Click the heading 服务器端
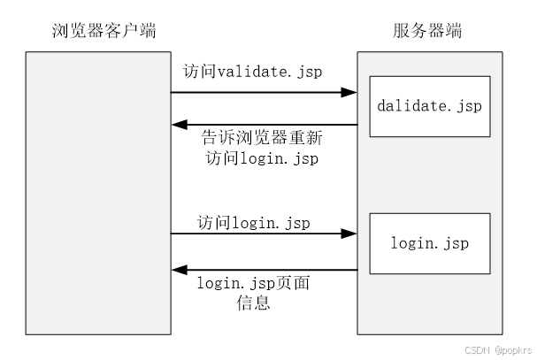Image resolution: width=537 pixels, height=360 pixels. coord(427,33)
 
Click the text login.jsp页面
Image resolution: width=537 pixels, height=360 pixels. coord(253,284)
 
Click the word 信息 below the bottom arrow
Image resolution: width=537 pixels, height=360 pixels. coord(253,303)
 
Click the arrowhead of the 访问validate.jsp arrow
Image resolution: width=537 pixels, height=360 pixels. coord(350,91)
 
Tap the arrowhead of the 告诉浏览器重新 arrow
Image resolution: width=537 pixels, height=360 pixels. coord(179,125)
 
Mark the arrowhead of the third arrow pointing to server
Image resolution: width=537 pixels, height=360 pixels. coord(350,234)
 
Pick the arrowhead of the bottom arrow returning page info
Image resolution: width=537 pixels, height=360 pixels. coord(179,270)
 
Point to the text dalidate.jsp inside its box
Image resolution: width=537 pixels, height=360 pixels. coord(430,106)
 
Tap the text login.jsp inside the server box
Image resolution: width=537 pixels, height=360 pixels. coord(430,241)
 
